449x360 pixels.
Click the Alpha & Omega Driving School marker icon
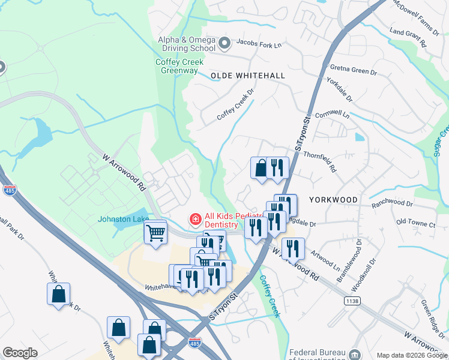[225, 43]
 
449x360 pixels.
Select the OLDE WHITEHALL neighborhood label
[247, 75]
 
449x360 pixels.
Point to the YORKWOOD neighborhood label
[333, 199]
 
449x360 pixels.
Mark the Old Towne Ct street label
[415, 224]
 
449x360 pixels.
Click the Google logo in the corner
[20, 353]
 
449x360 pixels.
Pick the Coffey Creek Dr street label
[236, 105]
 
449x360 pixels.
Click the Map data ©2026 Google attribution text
[412, 355]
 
